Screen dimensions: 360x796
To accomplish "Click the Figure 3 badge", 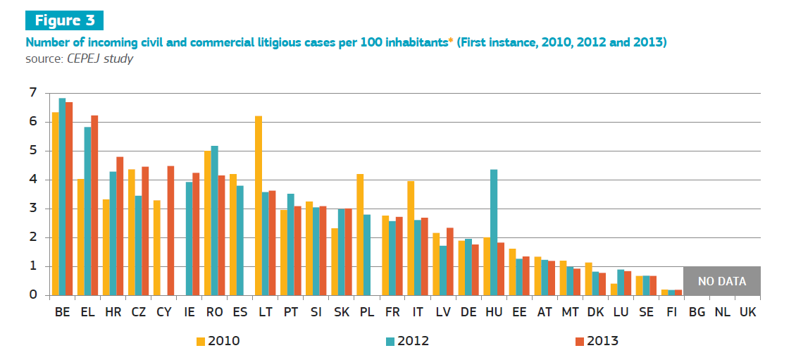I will [x=63, y=20].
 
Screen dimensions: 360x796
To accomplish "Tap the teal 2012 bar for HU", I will [x=494, y=232].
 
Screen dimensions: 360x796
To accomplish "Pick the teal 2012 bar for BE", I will [x=62, y=197].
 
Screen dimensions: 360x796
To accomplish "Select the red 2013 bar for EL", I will [x=94, y=205].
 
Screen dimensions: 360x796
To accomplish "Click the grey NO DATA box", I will [x=721, y=281].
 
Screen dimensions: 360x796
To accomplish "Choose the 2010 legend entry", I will [x=218, y=341].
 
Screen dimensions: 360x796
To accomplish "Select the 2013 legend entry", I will [x=597, y=341].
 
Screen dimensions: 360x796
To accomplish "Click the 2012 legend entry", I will [x=408, y=341].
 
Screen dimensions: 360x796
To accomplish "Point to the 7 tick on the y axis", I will [x=32, y=93].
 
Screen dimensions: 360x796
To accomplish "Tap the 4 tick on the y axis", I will [x=32, y=180].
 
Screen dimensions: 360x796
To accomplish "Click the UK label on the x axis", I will [x=747, y=311].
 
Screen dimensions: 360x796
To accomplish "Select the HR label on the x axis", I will [x=113, y=311].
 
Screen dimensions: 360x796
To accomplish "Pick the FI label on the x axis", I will [x=671, y=311].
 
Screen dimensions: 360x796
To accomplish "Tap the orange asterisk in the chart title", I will [x=451, y=41].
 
